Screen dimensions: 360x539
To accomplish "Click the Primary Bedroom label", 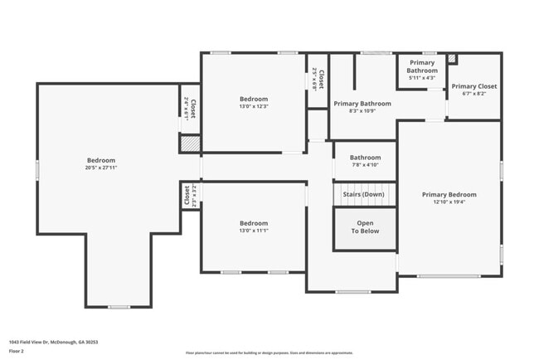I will tap(449, 194).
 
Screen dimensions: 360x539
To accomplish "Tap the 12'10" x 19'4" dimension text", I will tap(449, 202).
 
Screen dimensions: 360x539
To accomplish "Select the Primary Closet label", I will tap(474, 86).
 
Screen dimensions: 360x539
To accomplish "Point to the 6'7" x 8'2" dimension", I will tap(474, 94).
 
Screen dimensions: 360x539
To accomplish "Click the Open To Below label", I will tap(365, 227).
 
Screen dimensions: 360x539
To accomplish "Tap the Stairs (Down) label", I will tap(365, 194).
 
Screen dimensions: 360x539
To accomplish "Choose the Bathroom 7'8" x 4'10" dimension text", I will tap(365, 164).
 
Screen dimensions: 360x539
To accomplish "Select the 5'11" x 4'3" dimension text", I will tap(421, 79).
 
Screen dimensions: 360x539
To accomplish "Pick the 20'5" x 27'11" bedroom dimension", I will tap(101, 168).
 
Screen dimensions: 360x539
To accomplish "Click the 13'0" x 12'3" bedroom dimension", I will tap(254, 105).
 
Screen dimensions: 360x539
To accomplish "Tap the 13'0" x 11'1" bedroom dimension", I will tap(254, 231).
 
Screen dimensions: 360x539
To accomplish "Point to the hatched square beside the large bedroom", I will tap(190, 143).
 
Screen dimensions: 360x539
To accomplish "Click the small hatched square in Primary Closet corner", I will tap(451, 59).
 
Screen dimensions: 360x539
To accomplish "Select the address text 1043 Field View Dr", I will tap(49, 341).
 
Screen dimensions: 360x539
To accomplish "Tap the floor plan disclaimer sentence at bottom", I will tap(269, 352).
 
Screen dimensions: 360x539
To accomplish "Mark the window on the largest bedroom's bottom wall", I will tap(119, 307).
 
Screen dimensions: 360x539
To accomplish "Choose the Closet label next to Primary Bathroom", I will tap(319, 80).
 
